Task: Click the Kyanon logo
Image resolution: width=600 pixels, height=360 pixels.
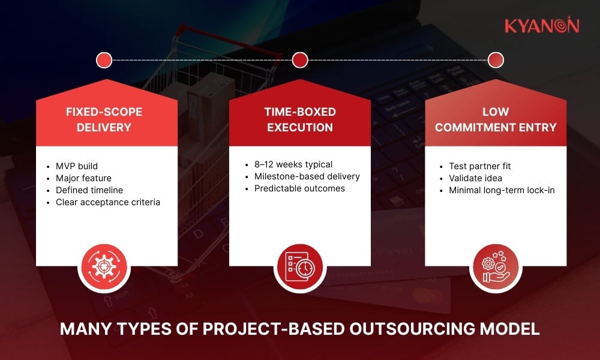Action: pos(541,26)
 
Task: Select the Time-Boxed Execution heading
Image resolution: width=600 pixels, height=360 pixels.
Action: pos(300,119)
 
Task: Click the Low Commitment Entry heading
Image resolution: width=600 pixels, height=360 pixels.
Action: pos(496,119)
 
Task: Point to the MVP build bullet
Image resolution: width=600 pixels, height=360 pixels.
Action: pos(77,166)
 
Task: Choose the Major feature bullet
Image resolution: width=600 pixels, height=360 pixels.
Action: pos(84,178)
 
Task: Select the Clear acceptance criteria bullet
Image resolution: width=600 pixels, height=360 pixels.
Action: pos(108,202)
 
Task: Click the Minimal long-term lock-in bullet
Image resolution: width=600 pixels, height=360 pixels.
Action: pos(502,190)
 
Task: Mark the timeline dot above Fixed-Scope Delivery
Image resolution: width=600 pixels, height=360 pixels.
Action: pos(104,60)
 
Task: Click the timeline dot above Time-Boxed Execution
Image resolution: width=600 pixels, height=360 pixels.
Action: pos(300,60)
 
